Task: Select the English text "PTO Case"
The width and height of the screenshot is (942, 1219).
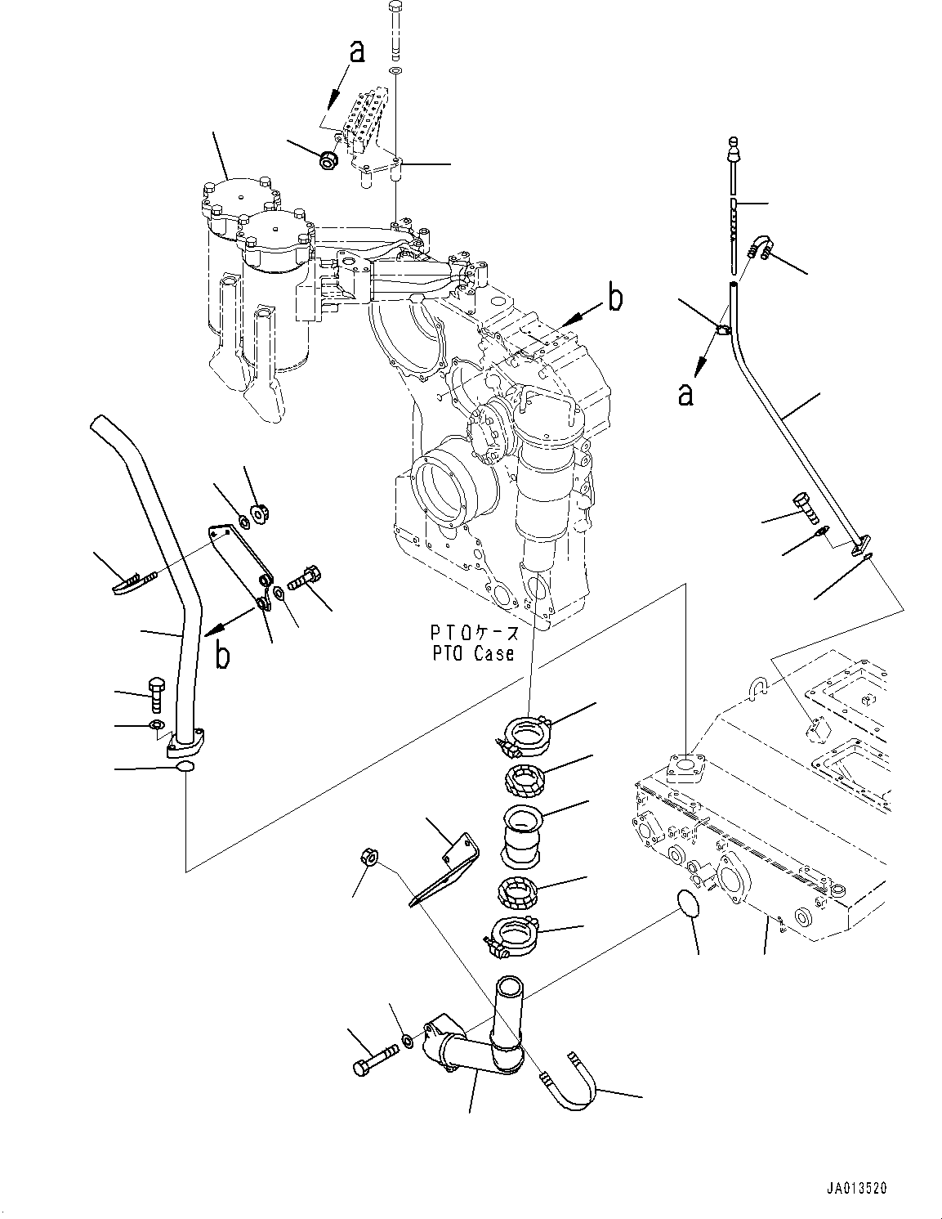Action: tap(474, 653)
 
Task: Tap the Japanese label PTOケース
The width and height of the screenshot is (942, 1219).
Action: tap(474, 633)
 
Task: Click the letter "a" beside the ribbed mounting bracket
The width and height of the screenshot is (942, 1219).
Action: tap(356, 52)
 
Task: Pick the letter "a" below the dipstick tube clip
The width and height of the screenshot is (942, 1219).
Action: tap(686, 394)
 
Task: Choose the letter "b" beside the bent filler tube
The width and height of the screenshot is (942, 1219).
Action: tap(221, 655)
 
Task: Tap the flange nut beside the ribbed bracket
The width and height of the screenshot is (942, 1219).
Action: tap(328, 161)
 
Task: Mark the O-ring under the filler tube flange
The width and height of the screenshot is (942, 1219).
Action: tap(185, 767)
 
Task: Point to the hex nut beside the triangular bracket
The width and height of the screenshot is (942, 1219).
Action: tap(367, 857)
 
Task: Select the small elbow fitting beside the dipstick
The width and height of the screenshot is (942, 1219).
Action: tap(760, 245)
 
